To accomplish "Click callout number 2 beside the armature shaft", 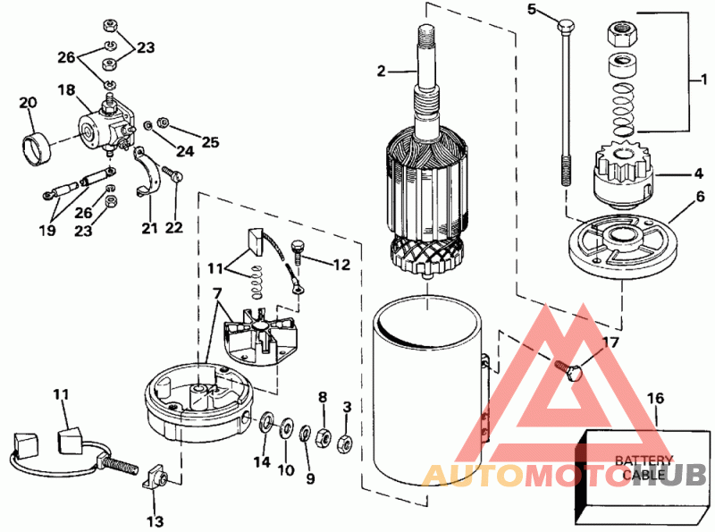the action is [x=381, y=72].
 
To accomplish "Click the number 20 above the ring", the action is [x=28, y=104].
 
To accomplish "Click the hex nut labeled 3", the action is [x=345, y=440].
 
